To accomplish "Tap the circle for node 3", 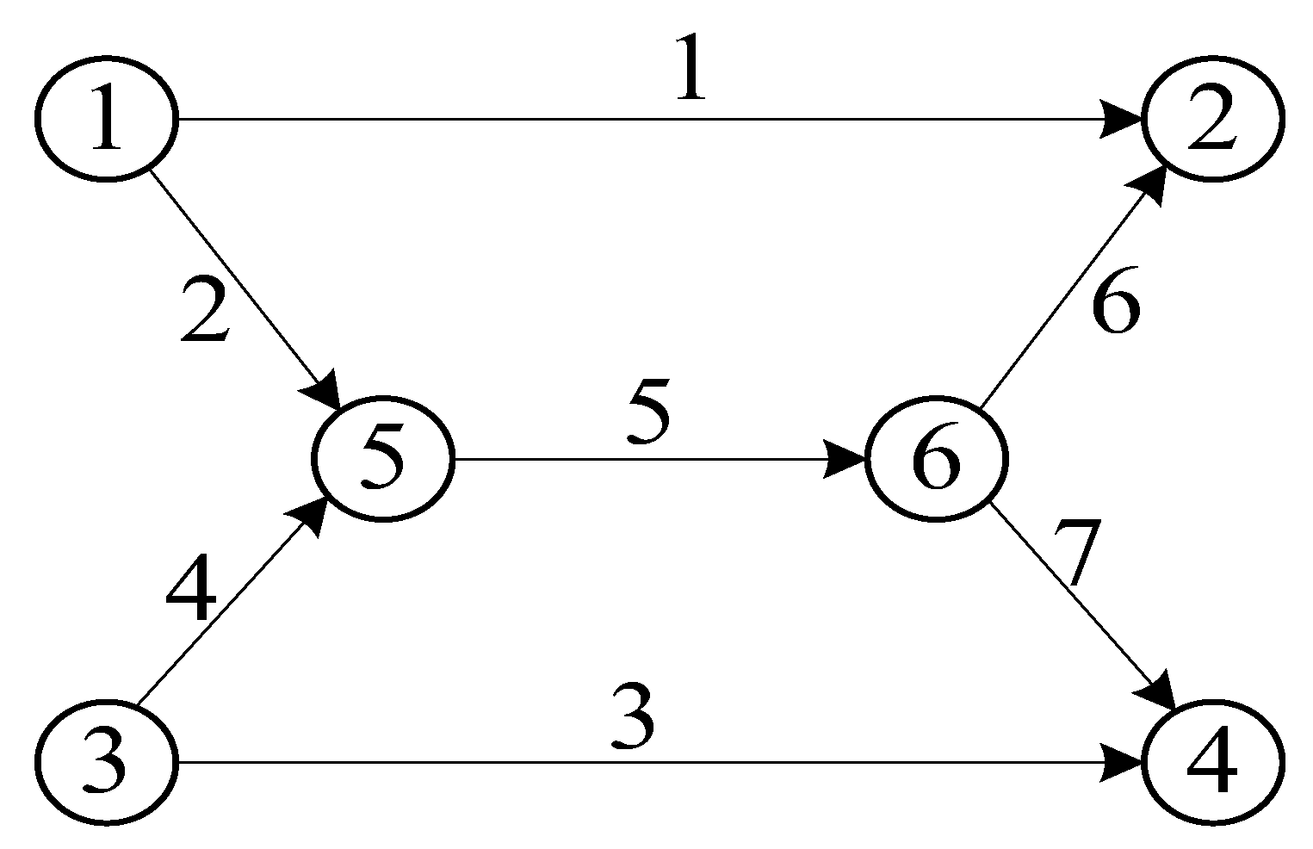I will [x=106, y=762].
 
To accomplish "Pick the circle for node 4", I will [x=1212, y=762].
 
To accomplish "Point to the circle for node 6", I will [x=935, y=458].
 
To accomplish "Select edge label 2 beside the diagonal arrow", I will [x=205, y=311].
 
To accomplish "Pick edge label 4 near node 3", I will [x=191, y=593].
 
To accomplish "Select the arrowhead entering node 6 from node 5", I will [x=845, y=458].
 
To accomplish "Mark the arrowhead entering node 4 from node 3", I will [x=1122, y=762].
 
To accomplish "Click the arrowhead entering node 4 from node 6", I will [x=1159, y=691].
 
